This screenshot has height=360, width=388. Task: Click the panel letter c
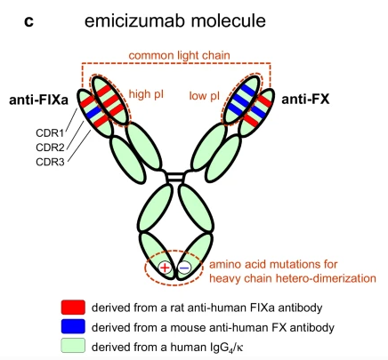[28, 21]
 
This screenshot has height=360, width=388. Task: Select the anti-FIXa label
[38, 100]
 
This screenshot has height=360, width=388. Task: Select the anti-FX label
[305, 99]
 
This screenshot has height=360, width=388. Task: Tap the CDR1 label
[50, 133]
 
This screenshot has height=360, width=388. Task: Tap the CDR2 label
[50, 148]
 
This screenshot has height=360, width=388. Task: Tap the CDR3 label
[50, 162]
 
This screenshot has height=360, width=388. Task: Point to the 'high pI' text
[146, 95]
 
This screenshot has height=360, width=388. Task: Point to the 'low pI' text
[204, 96]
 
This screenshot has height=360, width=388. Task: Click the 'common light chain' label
[179, 56]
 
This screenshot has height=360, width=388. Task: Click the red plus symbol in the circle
[165, 268]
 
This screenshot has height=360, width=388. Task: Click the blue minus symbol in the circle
[184, 268]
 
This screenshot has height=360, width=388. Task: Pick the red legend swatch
[73, 307]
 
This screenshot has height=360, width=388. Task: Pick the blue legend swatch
[73, 326]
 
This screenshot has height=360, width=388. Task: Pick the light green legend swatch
[73, 346]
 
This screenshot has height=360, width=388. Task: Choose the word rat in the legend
[177, 308]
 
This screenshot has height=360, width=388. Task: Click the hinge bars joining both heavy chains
[175, 177]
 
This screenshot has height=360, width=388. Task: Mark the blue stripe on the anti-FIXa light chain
[94, 111]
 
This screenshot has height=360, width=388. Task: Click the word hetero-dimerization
[326, 278]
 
